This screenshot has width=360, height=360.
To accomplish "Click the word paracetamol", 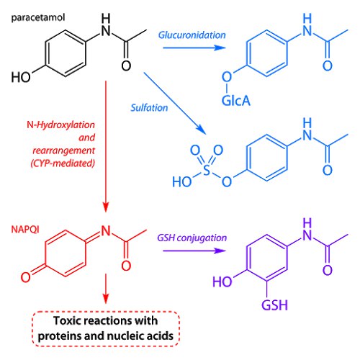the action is click(x=38, y=18).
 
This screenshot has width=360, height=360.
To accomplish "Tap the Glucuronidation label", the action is click(x=192, y=35).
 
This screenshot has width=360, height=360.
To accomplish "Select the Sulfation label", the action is click(x=149, y=108).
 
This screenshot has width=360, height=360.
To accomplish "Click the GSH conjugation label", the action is click(x=192, y=238).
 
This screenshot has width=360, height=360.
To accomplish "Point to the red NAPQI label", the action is click(x=25, y=230).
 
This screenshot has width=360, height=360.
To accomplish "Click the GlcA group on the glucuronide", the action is click(x=236, y=101).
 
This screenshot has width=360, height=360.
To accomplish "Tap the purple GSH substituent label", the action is click(x=274, y=305).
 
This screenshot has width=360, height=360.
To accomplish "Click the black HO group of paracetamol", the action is click(x=21, y=77).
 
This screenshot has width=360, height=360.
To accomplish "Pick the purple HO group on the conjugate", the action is click(x=222, y=282).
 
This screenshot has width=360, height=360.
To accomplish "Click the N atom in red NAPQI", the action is click(x=106, y=231).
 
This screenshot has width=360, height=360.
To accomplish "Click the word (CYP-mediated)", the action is click(x=63, y=163).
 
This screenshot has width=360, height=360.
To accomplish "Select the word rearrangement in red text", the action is click(x=64, y=150).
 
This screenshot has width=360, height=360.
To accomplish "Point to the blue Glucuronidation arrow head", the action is click(x=220, y=48).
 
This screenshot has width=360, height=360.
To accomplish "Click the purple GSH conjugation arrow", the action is click(x=194, y=251).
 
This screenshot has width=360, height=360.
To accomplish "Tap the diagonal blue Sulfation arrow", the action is click(x=175, y=103).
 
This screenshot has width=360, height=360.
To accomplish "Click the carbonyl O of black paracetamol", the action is click(x=126, y=66).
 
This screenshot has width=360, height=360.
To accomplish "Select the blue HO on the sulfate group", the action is click(x=182, y=181).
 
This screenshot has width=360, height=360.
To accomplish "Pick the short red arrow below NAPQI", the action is click(x=106, y=289).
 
